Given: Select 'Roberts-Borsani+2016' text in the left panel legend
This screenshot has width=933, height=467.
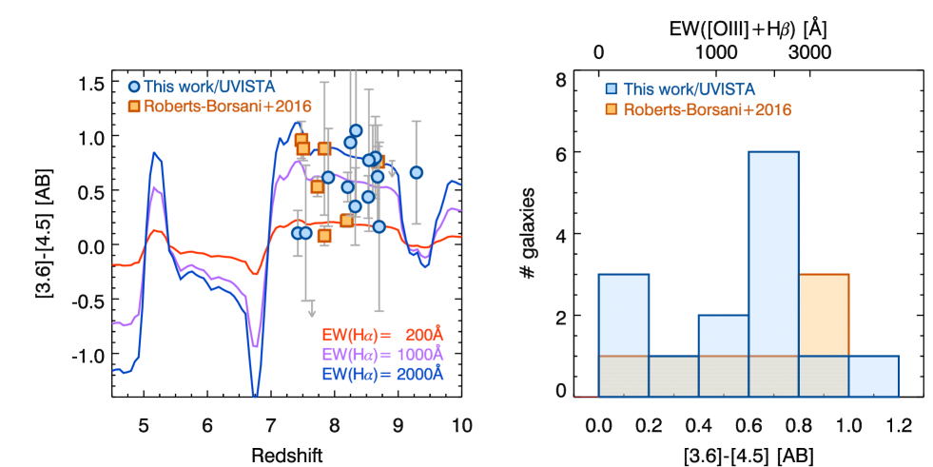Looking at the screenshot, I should pos(227,107).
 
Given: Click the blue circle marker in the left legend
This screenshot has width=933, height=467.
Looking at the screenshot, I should pos(134,88).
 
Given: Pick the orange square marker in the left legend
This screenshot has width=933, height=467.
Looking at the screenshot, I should pos(134,107).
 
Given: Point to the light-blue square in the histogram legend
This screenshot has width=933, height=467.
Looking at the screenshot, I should pos(611,89).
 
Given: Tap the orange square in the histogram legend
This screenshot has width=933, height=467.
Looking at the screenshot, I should pos(611,109).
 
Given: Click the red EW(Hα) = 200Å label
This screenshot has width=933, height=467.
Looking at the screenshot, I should pos(383,335).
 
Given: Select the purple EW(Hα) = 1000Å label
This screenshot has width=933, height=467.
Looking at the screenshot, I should pos(383,354).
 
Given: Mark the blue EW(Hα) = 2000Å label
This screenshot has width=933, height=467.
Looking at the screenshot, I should pos(383,374).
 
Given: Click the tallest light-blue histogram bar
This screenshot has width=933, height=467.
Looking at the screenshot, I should pos(773,252).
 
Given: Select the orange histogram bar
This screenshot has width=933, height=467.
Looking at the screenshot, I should pos(824,314).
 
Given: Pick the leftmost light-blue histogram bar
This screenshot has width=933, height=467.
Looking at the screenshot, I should pos(623,314).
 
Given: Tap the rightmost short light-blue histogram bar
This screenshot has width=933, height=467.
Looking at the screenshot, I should pos(873,376).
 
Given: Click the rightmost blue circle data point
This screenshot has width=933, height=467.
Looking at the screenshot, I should pos(416,172).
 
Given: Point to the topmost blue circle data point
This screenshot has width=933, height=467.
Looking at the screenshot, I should pos(356,130).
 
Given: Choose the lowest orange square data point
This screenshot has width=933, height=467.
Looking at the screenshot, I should pos(324,235).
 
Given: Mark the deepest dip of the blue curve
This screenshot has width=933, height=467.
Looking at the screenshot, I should pos(255,392).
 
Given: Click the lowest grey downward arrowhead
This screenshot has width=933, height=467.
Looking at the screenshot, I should pos(311,312).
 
